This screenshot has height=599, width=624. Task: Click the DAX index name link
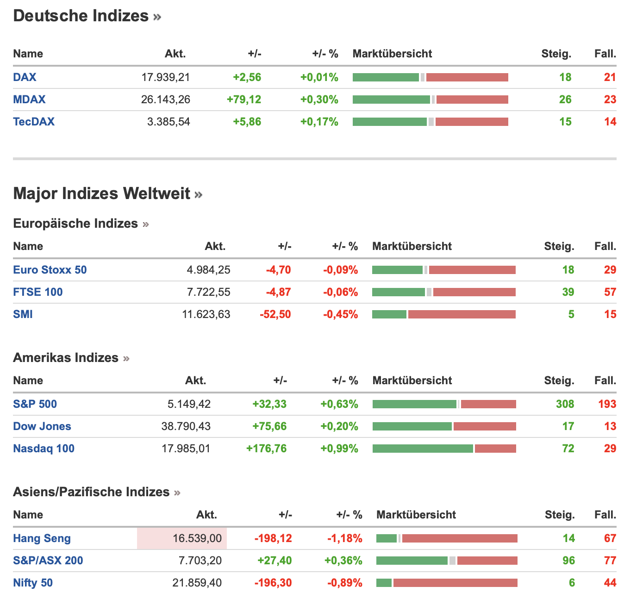click(25, 77)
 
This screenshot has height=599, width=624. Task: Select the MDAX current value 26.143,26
click(165, 100)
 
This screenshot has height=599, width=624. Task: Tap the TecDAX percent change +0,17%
click(319, 122)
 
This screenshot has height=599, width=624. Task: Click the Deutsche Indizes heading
click(81, 16)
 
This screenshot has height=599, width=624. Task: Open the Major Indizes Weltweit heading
click(102, 193)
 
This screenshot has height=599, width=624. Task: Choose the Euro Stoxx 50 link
click(50, 270)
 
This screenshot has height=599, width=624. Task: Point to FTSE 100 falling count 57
click(610, 292)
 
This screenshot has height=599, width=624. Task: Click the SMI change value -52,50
click(275, 314)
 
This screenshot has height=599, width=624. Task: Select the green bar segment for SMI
click(389, 314)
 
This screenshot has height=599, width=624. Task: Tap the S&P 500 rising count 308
click(565, 404)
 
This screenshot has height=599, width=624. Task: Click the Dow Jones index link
click(42, 426)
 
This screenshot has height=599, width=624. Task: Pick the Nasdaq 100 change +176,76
click(266, 449)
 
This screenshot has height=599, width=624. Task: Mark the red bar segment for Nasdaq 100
click(495, 449)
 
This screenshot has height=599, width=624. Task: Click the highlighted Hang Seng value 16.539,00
click(197, 538)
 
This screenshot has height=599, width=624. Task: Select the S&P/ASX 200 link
click(48, 561)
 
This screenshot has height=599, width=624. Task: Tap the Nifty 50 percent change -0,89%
click(344, 583)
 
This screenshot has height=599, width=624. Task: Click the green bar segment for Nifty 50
click(384, 583)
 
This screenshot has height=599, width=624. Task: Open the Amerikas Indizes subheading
click(66, 358)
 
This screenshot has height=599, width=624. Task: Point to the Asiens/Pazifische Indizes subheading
click(91, 492)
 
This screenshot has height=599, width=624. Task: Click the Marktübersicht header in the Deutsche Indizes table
click(392, 54)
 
